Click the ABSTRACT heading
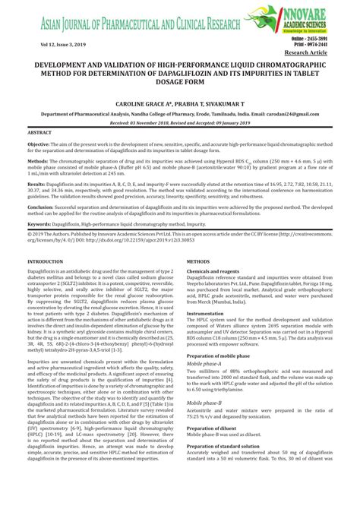click(x=39, y=131)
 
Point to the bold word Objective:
click(x=39, y=144)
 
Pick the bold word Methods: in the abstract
click(x=37, y=162)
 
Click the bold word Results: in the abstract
click(x=36, y=185)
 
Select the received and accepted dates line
click(x=179, y=122)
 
